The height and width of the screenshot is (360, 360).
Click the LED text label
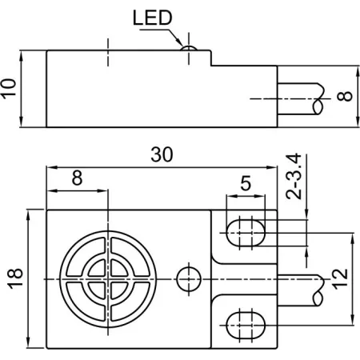pyautogui.click(x=153, y=18)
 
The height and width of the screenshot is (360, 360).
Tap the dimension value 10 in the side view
pyautogui.click(x=9, y=89)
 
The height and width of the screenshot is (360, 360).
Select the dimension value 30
pyautogui.click(x=162, y=154)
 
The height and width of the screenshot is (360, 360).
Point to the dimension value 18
pyautogui.click(x=15, y=278)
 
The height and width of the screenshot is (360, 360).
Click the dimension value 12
pyautogui.click(x=340, y=279)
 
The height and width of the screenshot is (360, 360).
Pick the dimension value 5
pyautogui.click(x=246, y=183)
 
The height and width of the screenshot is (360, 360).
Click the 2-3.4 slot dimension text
pyautogui.click(x=294, y=176)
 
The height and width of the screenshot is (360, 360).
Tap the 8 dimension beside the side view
pyautogui.click(x=344, y=96)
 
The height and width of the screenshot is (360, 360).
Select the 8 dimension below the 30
pyautogui.click(x=77, y=178)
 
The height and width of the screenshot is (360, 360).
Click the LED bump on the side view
pyautogui.click(x=189, y=48)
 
